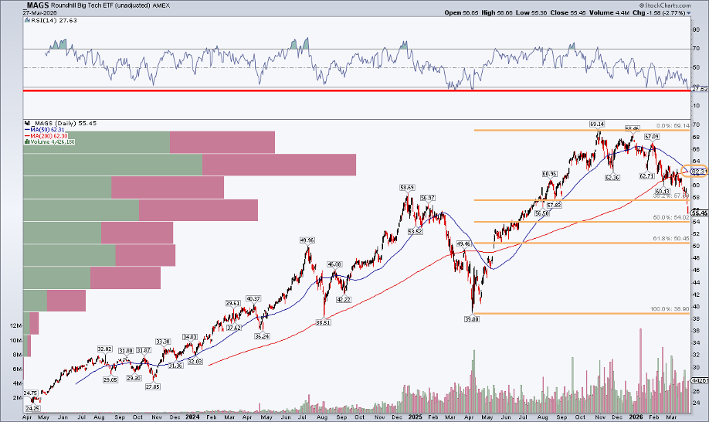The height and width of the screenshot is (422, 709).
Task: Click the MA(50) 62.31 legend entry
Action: click(x=46, y=130)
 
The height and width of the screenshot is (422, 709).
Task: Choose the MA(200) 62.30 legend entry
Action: click(x=47, y=136)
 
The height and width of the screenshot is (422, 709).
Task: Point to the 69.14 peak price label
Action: click(x=596, y=124)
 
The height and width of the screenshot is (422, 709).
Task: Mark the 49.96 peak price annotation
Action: click(x=308, y=240)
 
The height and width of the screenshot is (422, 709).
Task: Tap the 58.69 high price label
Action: click(x=407, y=187)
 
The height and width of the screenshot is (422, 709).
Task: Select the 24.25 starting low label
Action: click(x=32, y=408)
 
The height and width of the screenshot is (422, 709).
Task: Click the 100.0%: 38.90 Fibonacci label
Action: click(x=669, y=309)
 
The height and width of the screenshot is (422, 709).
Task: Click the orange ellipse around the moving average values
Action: click(x=699, y=172)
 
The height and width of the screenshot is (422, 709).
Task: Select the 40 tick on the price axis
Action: click(x=696, y=306)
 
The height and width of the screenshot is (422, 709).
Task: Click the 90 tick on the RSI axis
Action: click(x=696, y=29)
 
